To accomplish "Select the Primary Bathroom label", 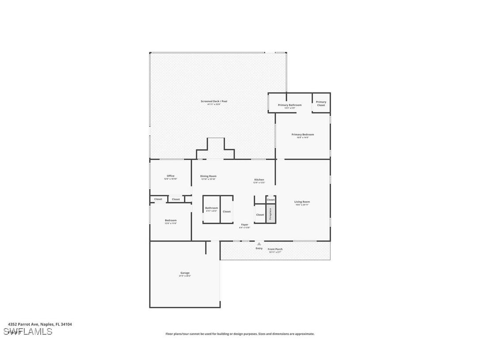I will pyautogui.click(x=290, y=106).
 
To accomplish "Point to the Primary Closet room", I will pyautogui.click(x=321, y=103).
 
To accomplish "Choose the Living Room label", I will pyautogui.click(x=302, y=203).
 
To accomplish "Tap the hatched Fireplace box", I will pyautogui.click(x=271, y=214).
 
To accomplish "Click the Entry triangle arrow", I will pyautogui.click(x=259, y=244).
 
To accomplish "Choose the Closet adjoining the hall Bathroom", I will pyautogui.click(x=227, y=211).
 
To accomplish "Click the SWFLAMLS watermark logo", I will pyautogui.click(x=28, y=332).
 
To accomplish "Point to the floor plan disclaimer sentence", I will pyautogui.click(x=240, y=334).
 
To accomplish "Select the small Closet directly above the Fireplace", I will pyautogui.click(x=271, y=200).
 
